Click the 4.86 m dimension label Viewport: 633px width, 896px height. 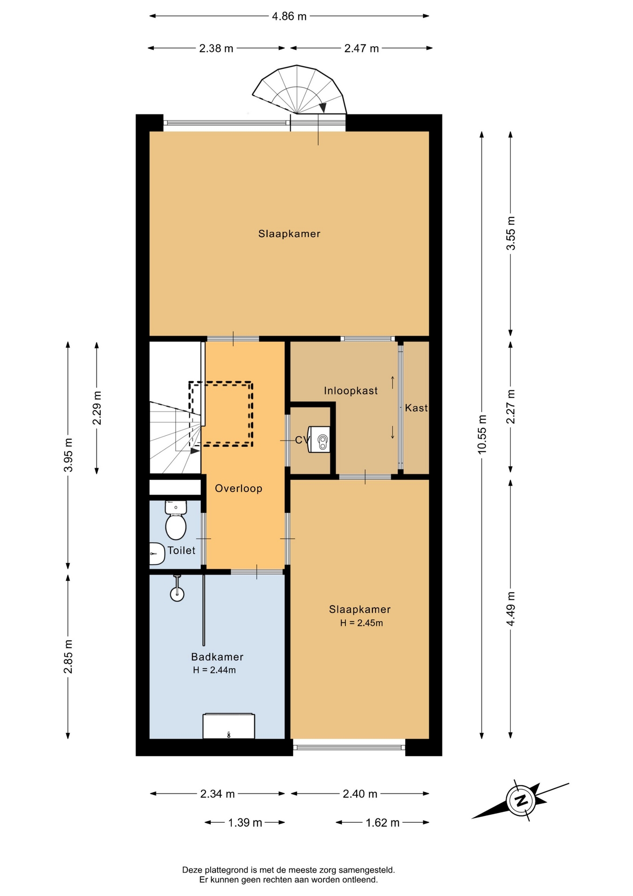tap(289, 16)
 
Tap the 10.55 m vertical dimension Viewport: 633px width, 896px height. tap(482, 434)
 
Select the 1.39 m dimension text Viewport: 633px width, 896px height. tap(245, 822)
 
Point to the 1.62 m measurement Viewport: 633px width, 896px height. tap(382, 822)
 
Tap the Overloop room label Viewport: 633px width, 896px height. tap(239, 488)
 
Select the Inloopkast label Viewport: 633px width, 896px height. tap(351, 391)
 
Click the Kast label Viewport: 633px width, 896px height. tap(416, 408)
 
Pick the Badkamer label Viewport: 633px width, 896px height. tap(217, 657)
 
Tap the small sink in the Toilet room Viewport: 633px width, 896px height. tap(157, 553)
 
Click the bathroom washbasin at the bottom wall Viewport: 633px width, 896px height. tap(228, 726)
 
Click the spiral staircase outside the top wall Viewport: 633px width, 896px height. tap(299, 90)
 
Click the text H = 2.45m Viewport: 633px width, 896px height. tap(361, 623)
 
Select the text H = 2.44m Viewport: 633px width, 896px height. tap(214, 670)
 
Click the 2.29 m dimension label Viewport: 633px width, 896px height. tap(97, 408)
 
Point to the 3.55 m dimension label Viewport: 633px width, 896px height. tap(511, 233)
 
